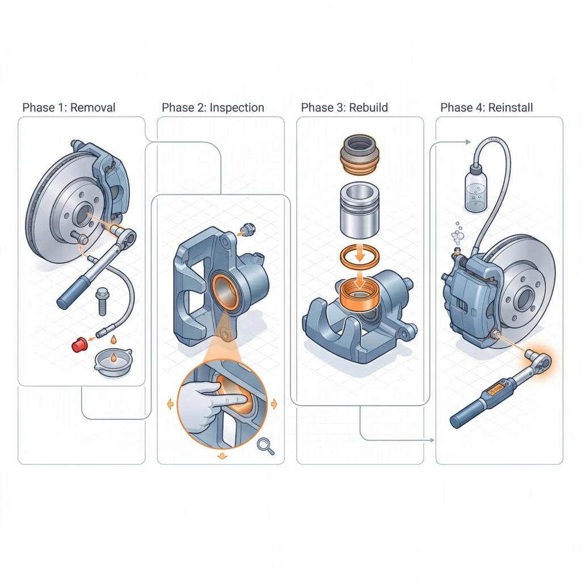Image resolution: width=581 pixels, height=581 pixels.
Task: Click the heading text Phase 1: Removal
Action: [69, 107]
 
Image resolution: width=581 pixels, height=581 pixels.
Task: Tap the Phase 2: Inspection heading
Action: [213, 107]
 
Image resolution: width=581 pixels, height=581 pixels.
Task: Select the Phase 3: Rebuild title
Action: [344, 107]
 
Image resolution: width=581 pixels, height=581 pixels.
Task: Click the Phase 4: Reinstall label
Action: [486, 107]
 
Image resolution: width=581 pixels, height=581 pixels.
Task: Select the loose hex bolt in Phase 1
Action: [103, 301]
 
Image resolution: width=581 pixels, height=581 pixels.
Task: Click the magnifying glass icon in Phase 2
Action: [265, 446]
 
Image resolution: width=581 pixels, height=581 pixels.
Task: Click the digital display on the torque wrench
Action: [493, 391]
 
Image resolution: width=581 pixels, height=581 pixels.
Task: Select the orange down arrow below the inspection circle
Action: [222, 456]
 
